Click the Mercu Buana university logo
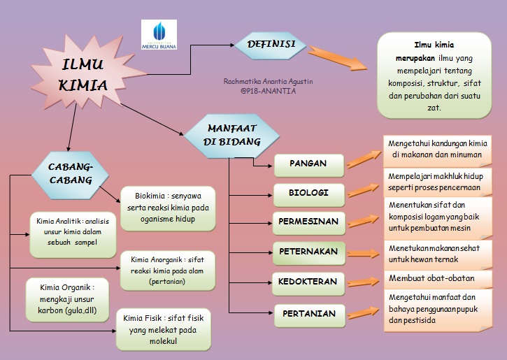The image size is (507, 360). (x=159, y=34)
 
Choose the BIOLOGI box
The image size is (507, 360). (x=308, y=192)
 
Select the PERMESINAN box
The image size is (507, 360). (x=308, y=222)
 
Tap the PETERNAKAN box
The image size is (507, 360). (x=308, y=252)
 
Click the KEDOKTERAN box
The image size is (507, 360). (x=308, y=282)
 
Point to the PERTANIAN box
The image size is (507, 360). (x=308, y=314)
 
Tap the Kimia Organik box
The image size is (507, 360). (x=66, y=298)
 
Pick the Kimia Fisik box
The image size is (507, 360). (x=163, y=330)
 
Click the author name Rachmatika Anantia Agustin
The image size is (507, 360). (x=268, y=82)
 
